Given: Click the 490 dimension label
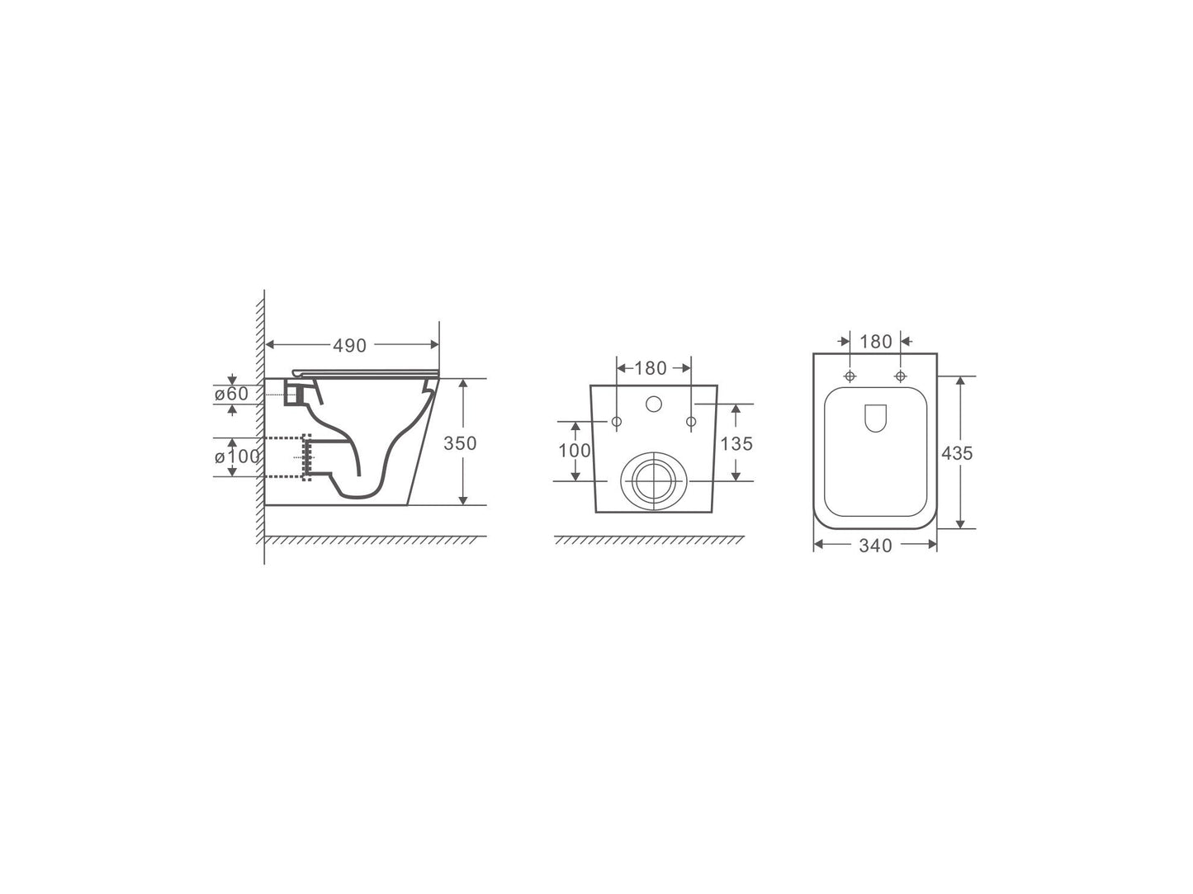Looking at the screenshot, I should click(x=351, y=346).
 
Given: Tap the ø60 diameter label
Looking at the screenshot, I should click(x=231, y=395).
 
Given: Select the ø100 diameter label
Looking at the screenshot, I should click(x=237, y=456).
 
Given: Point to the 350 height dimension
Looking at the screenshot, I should click(x=460, y=443).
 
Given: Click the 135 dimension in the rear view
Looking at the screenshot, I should click(x=736, y=444).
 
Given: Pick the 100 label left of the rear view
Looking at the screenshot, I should click(x=575, y=451).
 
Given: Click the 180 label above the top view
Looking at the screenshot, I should click(x=875, y=341).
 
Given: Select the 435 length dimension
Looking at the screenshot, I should click(x=957, y=453).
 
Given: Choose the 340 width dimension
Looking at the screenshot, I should click(x=875, y=546).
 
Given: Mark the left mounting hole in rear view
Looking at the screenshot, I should click(x=617, y=422).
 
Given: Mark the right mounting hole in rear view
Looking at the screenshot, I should click(x=691, y=422).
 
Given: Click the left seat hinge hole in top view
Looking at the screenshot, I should click(x=850, y=376).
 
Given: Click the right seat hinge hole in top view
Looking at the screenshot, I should click(x=900, y=376).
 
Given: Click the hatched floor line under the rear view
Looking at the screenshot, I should click(x=649, y=541).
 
